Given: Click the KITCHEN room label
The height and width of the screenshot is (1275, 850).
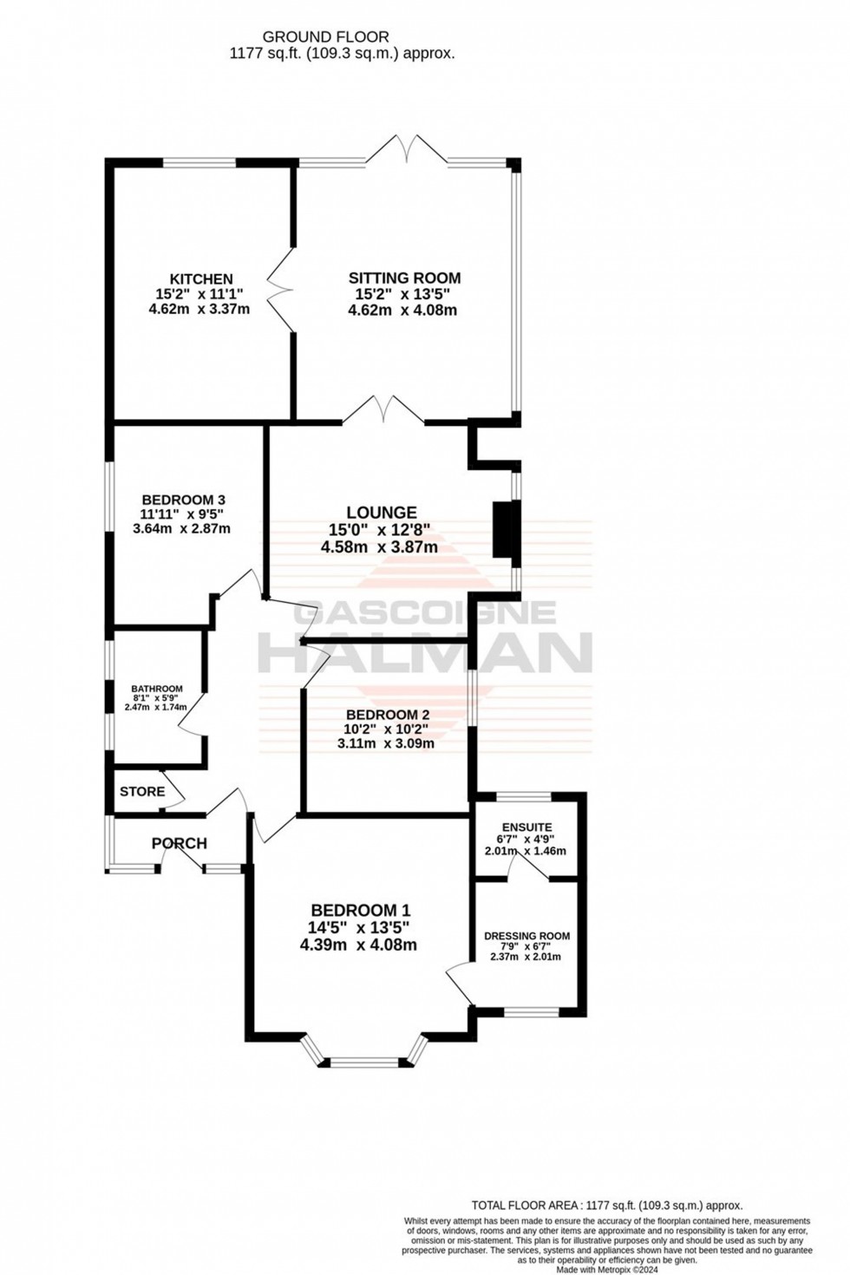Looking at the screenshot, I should tap(200, 278).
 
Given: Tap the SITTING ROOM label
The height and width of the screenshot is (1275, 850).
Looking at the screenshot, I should tap(404, 278).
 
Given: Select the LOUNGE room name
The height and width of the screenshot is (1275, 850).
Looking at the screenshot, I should tap(382, 513).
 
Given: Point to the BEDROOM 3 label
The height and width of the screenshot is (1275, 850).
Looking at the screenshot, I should tap(184, 500).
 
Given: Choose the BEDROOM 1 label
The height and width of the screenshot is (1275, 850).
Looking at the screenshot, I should tap(360, 910).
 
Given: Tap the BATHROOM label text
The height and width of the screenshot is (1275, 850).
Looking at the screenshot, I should tap(157, 689).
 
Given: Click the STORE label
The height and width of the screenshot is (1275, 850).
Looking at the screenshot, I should tap(142, 791).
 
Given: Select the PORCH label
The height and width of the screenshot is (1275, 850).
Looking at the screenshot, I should tap(180, 843).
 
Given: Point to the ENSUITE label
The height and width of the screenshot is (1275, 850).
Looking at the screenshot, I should tap(525, 827).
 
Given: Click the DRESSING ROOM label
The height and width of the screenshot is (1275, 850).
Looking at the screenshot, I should tap(526, 936).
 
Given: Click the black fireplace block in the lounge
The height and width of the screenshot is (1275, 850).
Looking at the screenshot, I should tap(502, 530).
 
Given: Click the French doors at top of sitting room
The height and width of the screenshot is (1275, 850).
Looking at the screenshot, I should tap(406, 149).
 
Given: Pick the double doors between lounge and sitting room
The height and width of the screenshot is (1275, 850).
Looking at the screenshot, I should tap(383, 410).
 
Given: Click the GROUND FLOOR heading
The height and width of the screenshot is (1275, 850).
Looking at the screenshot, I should tap(325, 36).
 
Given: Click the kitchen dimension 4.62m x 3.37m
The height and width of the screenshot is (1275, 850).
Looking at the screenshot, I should tap(199, 309).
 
